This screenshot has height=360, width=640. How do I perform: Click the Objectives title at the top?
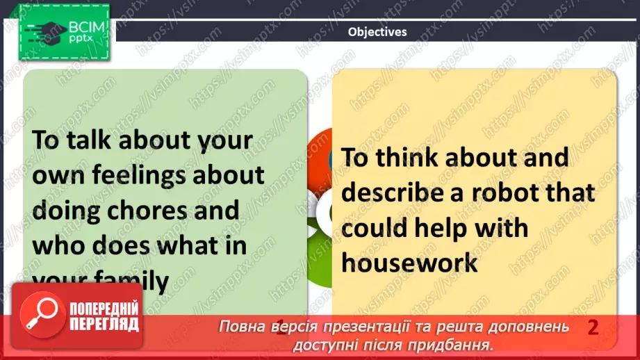[x=377, y=31]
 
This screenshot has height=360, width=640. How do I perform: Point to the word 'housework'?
[x=411, y=263]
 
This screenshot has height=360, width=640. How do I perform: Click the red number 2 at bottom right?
[x=593, y=327]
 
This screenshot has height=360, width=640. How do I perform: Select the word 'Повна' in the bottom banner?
[x=240, y=327]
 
